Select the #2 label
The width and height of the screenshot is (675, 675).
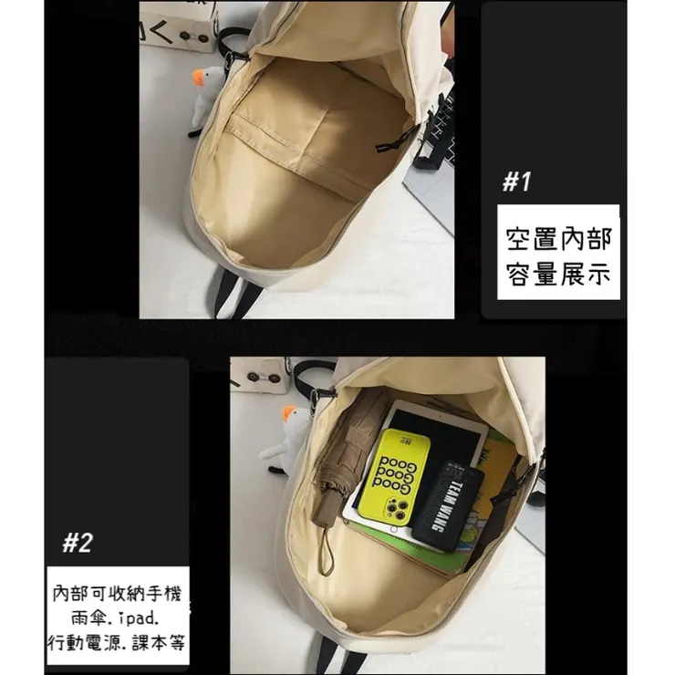[x=77, y=545]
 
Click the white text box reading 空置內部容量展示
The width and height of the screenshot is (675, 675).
[x=558, y=256]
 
